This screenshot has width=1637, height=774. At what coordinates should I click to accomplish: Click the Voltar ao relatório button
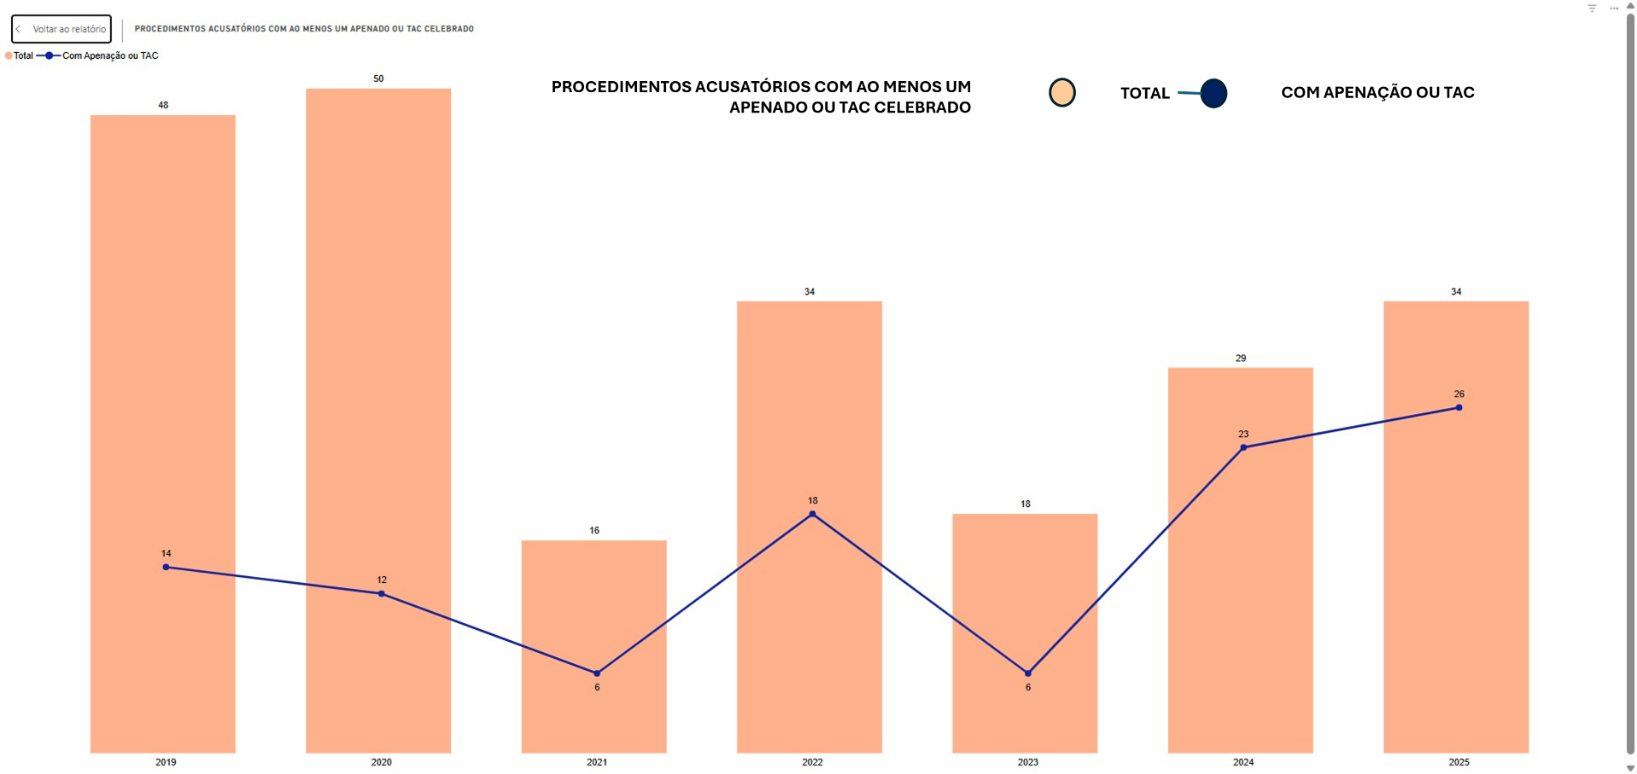click(61, 29)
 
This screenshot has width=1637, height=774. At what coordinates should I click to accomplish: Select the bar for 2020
click(379, 341)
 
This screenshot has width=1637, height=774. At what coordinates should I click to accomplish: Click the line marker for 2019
click(165, 567)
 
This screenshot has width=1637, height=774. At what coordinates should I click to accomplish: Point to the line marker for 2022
click(813, 514)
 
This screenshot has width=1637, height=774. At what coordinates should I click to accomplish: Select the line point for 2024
click(1243, 448)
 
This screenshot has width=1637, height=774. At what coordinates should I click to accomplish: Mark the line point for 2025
click(1459, 407)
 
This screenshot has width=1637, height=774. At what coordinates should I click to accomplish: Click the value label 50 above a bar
click(379, 78)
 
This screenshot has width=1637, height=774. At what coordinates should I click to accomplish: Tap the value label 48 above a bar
click(163, 105)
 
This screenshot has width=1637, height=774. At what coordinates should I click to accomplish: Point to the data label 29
click(1241, 358)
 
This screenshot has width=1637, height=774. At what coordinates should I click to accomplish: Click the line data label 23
click(1243, 434)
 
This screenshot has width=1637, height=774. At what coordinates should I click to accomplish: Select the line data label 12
click(382, 580)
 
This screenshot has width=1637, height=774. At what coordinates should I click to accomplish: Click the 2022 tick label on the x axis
click(813, 762)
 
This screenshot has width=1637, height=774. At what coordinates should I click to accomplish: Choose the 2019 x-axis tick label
click(165, 762)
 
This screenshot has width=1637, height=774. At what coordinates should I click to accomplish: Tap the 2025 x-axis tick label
click(1459, 762)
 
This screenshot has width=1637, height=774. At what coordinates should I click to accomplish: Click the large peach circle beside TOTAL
click(1061, 93)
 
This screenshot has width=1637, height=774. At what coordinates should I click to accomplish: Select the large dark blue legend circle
click(1213, 93)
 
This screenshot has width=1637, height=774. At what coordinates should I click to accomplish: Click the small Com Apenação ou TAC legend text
click(110, 55)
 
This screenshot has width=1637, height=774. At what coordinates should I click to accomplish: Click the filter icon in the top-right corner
click(1592, 9)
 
